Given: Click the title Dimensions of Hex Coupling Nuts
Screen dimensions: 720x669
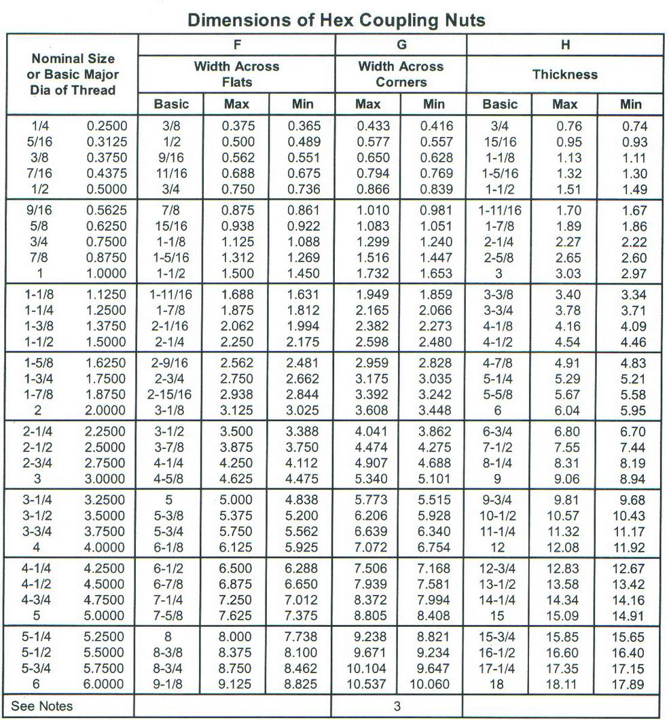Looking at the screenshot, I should pyautogui.click(x=336, y=20).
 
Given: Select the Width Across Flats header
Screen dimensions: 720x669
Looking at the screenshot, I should pyautogui.click(x=236, y=74).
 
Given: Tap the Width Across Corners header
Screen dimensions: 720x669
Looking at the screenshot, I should pyautogui.click(x=401, y=74).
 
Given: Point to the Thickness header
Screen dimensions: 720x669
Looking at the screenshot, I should pyautogui.click(x=565, y=75).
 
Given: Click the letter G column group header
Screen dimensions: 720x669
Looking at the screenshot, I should pyautogui.click(x=401, y=46).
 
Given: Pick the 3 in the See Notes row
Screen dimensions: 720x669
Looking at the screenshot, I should pyautogui.click(x=397, y=706).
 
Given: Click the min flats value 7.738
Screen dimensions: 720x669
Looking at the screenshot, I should pyautogui.click(x=302, y=637).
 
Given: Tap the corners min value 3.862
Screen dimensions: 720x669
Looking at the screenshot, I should pyautogui.click(x=434, y=432).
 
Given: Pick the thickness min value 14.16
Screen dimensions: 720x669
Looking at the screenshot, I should pyautogui.click(x=631, y=600).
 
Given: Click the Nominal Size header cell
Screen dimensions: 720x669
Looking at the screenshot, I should pyautogui.click(x=73, y=74).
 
